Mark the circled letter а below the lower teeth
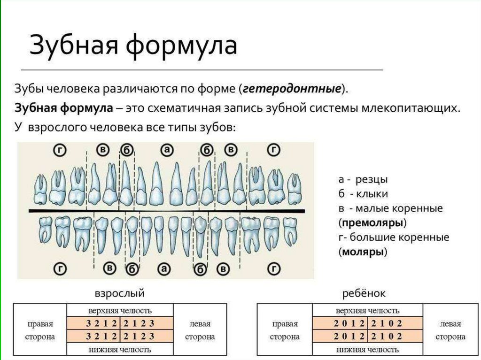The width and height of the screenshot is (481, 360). pyautogui.click(x=164, y=269)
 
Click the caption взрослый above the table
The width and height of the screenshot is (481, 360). pyautogui.click(x=120, y=294)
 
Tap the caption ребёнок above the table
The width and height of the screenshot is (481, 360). pyautogui.click(x=364, y=294)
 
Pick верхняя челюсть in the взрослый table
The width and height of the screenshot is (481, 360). pyautogui.click(x=120, y=310)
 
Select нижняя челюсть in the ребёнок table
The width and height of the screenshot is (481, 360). pyautogui.click(x=368, y=350)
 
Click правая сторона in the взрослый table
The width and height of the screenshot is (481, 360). pyautogui.click(x=40, y=330)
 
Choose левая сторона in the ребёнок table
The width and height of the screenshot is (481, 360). pyautogui.click(x=450, y=330)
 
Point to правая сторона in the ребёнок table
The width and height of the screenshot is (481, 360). pyautogui.click(x=285, y=330)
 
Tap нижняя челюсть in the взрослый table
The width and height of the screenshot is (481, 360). pyautogui.click(x=120, y=350)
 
